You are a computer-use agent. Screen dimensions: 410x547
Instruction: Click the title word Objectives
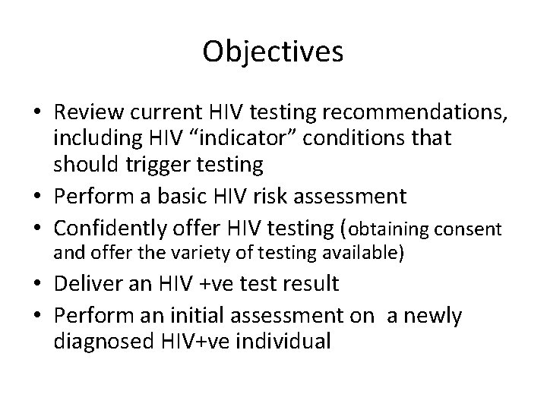[273, 52]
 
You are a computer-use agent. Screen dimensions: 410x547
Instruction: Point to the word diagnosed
[102, 340]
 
